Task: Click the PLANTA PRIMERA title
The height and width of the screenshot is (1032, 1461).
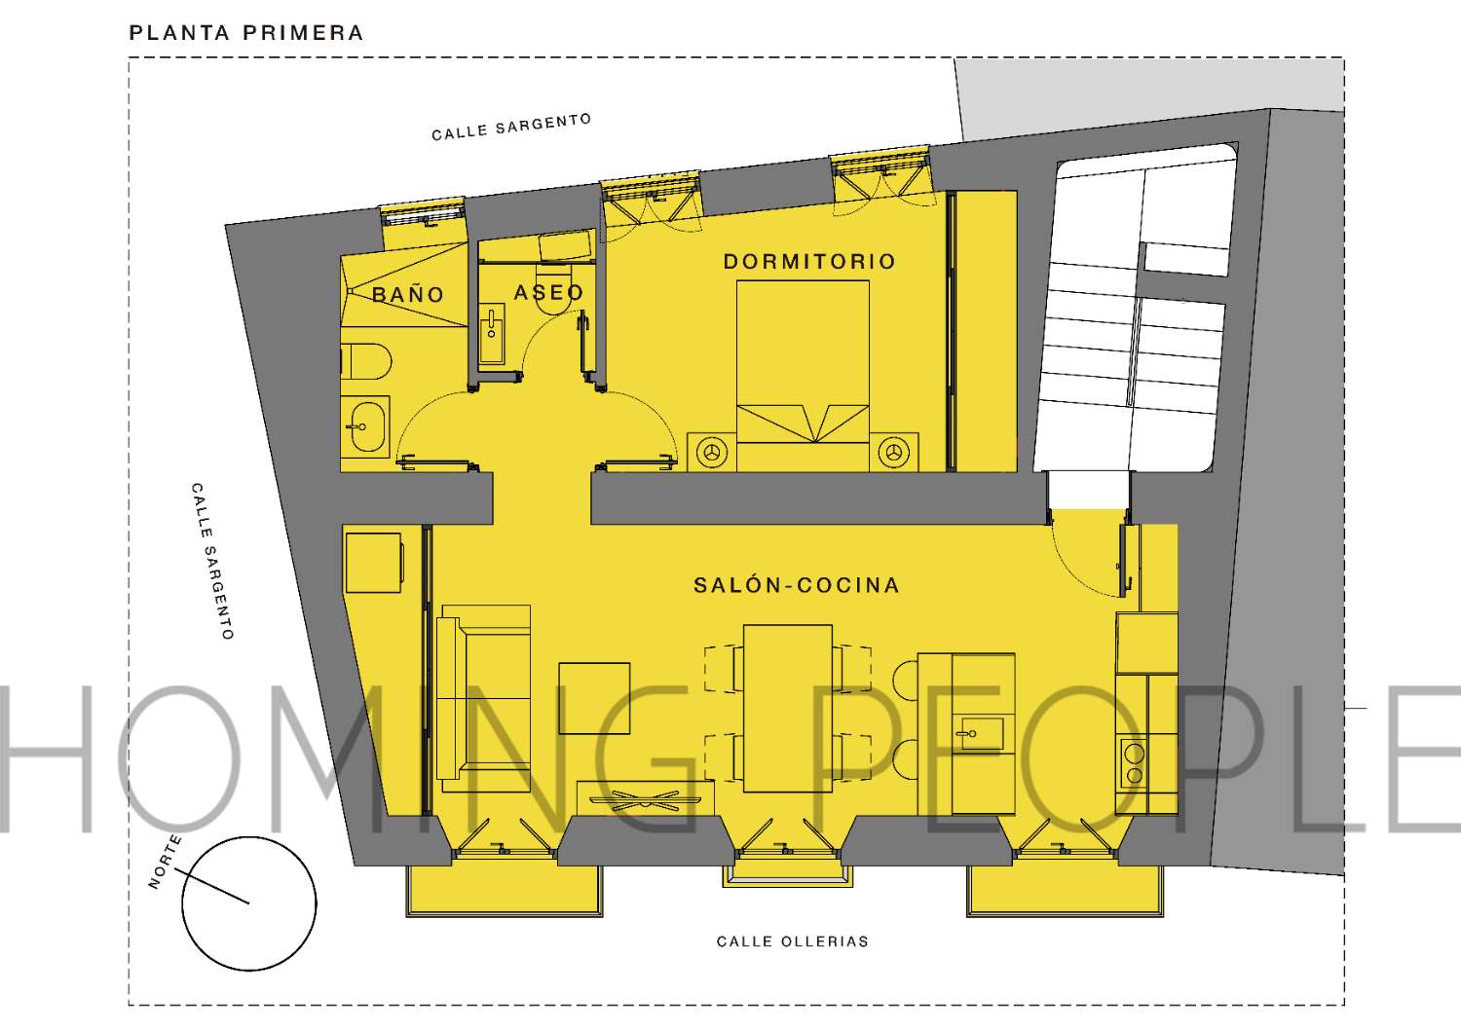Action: pos(246,33)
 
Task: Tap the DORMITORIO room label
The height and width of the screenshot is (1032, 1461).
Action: pos(809,262)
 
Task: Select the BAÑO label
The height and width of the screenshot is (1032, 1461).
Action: pos(408,295)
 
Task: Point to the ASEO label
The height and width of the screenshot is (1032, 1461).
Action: pos(548,292)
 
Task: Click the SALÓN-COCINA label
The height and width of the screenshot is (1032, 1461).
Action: pos(796,585)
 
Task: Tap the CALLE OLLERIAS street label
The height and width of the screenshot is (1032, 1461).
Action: pos(792,941)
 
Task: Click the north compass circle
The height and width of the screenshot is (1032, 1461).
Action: pos(249,903)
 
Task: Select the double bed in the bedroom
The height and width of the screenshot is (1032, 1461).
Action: pos(803,375)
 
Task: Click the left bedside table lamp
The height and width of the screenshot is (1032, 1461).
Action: pos(713,453)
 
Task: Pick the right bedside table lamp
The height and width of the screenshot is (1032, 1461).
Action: pos(893,453)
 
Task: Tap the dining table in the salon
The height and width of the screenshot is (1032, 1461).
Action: pos(787,708)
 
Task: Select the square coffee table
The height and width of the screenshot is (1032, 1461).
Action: pos(594,698)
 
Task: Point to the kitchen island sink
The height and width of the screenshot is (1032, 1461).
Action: pos(979,732)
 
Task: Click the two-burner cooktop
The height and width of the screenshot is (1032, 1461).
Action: pos(1133,763)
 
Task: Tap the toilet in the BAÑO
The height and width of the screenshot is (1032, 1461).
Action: pos(366,361)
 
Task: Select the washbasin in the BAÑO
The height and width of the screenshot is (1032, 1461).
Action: pos(367,426)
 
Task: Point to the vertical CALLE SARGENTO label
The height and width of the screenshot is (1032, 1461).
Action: pos(212,562)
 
